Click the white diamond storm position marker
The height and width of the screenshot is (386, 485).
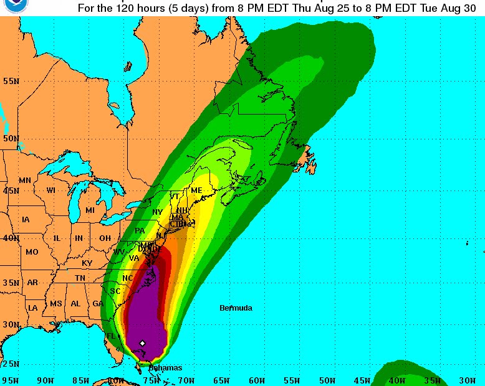(x=143, y=343)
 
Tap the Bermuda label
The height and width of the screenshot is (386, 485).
(x=236, y=308)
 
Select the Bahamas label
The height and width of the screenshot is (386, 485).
(x=165, y=368)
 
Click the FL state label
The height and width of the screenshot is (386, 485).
(x=111, y=336)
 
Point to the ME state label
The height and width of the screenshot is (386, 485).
(x=196, y=191)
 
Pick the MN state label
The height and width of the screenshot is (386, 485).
(x=25, y=181)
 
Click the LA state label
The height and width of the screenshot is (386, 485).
(x=32, y=308)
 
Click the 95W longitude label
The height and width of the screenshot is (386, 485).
(x=10, y=380)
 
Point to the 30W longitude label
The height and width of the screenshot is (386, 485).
(x=467, y=380)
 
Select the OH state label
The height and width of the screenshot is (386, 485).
(x=105, y=238)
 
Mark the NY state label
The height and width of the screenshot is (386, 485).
(x=157, y=212)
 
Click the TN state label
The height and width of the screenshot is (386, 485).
(x=80, y=278)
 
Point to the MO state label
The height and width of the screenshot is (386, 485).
(x=32, y=252)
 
